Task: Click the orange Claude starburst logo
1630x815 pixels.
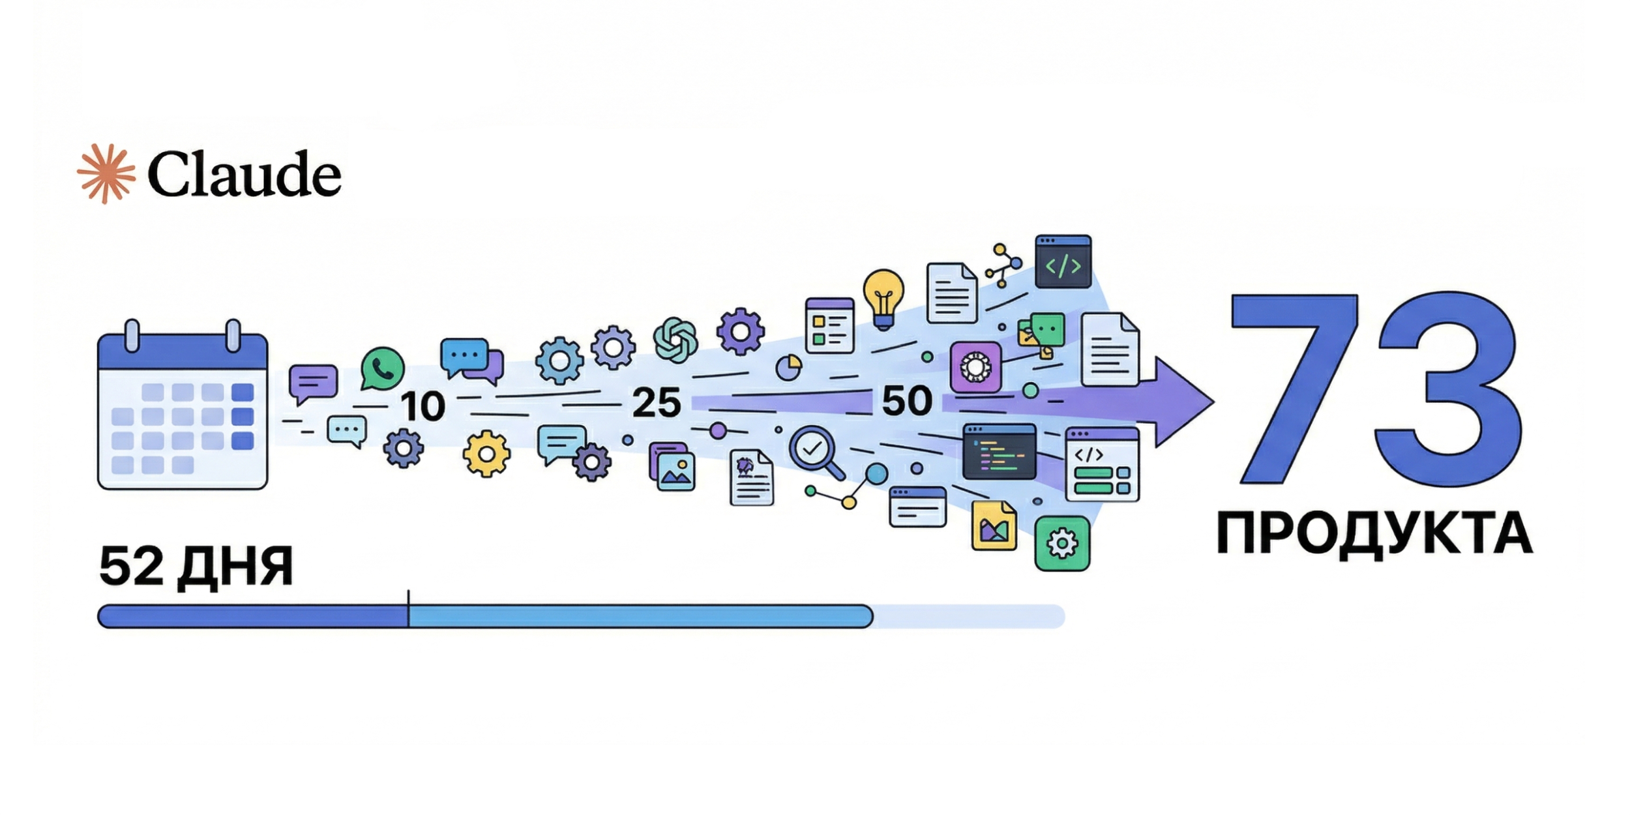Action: (106, 173)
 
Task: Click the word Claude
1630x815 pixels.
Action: (244, 174)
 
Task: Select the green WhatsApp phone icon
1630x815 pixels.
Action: (382, 369)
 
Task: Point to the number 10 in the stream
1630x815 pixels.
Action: (422, 406)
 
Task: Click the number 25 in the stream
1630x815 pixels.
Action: (656, 402)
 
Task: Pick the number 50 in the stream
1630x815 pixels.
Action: (906, 400)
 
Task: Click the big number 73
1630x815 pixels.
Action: (1376, 389)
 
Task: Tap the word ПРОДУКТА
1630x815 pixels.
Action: (1374, 533)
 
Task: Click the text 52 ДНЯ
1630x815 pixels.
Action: (196, 566)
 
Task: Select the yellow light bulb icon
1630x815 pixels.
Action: (883, 299)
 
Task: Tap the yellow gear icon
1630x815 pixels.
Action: (486, 454)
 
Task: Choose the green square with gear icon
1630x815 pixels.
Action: (1061, 543)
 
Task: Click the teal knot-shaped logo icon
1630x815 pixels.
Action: (675, 339)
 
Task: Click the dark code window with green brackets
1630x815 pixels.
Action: (1063, 261)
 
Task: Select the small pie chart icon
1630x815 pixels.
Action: (789, 367)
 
